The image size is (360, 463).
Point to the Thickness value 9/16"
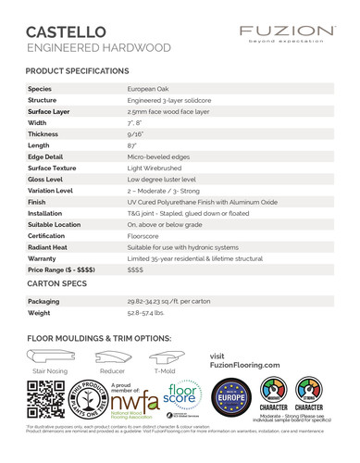pos(136,134)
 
